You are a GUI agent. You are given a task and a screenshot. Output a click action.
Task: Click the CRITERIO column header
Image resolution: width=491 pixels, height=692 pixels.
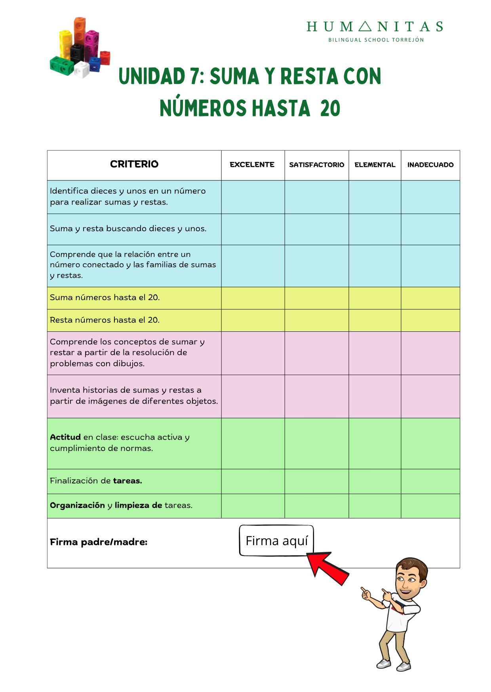click(134, 164)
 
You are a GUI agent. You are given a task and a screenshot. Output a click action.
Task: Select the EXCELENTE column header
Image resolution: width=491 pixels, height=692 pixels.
click(252, 165)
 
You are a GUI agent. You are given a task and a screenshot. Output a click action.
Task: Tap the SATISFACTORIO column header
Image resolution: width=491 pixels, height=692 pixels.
click(316, 165)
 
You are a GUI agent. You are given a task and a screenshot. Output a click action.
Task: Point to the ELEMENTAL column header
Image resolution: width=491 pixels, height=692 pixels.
click(375, 165)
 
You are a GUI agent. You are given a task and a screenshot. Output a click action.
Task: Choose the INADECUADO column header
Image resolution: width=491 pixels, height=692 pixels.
click(430, 165)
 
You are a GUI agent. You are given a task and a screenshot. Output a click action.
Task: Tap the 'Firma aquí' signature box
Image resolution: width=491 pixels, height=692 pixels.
click(276, 541)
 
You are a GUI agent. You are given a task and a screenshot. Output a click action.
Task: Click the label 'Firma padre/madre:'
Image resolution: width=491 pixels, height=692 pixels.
click(99, 542)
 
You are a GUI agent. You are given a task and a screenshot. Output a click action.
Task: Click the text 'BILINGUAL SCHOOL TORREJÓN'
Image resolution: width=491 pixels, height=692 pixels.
click(376, 40)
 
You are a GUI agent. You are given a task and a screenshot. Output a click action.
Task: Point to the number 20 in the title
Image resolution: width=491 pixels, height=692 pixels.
click(330, 108)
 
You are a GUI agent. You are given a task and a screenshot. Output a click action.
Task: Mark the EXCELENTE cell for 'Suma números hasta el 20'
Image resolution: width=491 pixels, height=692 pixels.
click(253, 298)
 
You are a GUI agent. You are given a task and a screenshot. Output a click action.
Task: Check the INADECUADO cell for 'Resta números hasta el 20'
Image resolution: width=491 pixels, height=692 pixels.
click(430, 320)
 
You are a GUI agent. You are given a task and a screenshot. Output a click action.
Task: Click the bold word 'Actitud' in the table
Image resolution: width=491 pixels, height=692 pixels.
click(65, 437)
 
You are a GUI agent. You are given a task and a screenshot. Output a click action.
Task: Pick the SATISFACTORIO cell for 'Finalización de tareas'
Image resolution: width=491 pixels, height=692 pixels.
click(316, 481)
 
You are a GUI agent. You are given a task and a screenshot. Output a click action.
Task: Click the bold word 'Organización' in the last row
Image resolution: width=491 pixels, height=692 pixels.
click(77, 505)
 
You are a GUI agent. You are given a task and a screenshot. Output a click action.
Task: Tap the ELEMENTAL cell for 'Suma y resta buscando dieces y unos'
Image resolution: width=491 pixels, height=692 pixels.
click(375, 229)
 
